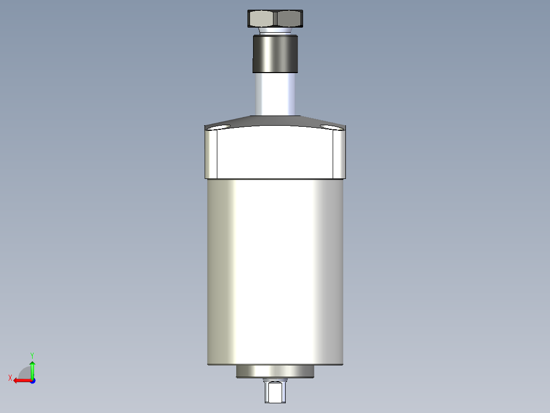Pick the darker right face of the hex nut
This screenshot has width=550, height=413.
coord(289,19)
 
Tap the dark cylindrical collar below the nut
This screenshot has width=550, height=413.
coord(275,53)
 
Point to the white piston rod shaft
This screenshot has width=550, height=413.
coord(276,95)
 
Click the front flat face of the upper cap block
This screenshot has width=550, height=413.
coord(276,153)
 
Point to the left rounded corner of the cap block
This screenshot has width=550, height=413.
coord(212,153)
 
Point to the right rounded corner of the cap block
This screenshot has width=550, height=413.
coord(340,153)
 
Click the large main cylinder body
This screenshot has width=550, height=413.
coord(276,271)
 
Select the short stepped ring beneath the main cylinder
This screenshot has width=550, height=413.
coord(275,372)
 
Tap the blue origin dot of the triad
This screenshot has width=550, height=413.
coord(32,381)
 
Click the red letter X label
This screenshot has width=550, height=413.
coord(10,378)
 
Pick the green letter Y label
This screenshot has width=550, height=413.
coord(32,354)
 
